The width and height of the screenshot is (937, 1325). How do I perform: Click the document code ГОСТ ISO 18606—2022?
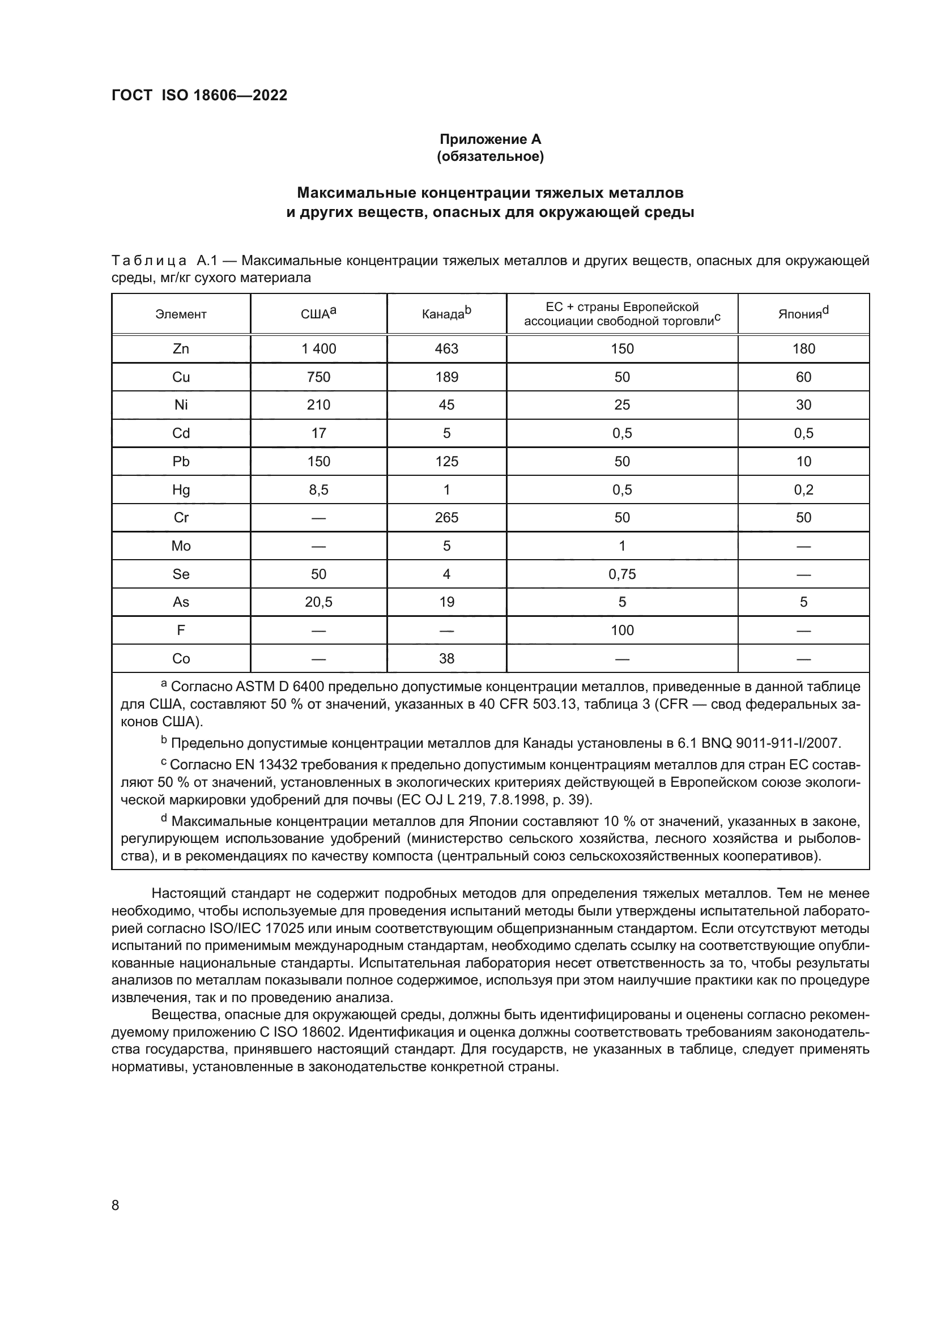[199, 95]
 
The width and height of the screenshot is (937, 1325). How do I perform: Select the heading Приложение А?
[490, 139]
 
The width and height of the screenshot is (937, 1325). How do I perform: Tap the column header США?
[318, 314]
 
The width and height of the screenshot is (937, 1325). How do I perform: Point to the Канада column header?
[446, 314]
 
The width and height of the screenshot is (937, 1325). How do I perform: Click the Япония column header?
[803, 314]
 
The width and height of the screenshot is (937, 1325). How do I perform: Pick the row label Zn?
[181, 348]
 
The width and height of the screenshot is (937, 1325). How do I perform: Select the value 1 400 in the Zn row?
[318, 348]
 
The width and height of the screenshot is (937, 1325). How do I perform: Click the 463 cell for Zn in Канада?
[446, 348]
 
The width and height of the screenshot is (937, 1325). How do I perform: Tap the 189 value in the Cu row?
[446, 377]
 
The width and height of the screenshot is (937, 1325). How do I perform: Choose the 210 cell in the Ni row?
[318, 405]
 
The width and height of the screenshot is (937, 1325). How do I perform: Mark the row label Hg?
[181, 490]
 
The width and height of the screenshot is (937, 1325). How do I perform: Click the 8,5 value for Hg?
[318, 490]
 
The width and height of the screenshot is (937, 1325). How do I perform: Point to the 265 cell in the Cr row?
[446, 518]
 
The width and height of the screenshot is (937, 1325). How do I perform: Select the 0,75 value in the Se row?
[622, 574]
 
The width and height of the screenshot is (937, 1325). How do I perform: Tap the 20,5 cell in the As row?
[318, 603]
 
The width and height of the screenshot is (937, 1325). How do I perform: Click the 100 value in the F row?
[622, 630]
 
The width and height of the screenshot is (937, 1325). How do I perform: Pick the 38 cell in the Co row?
[446, 658]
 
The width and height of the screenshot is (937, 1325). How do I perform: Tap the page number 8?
[116, 1205]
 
